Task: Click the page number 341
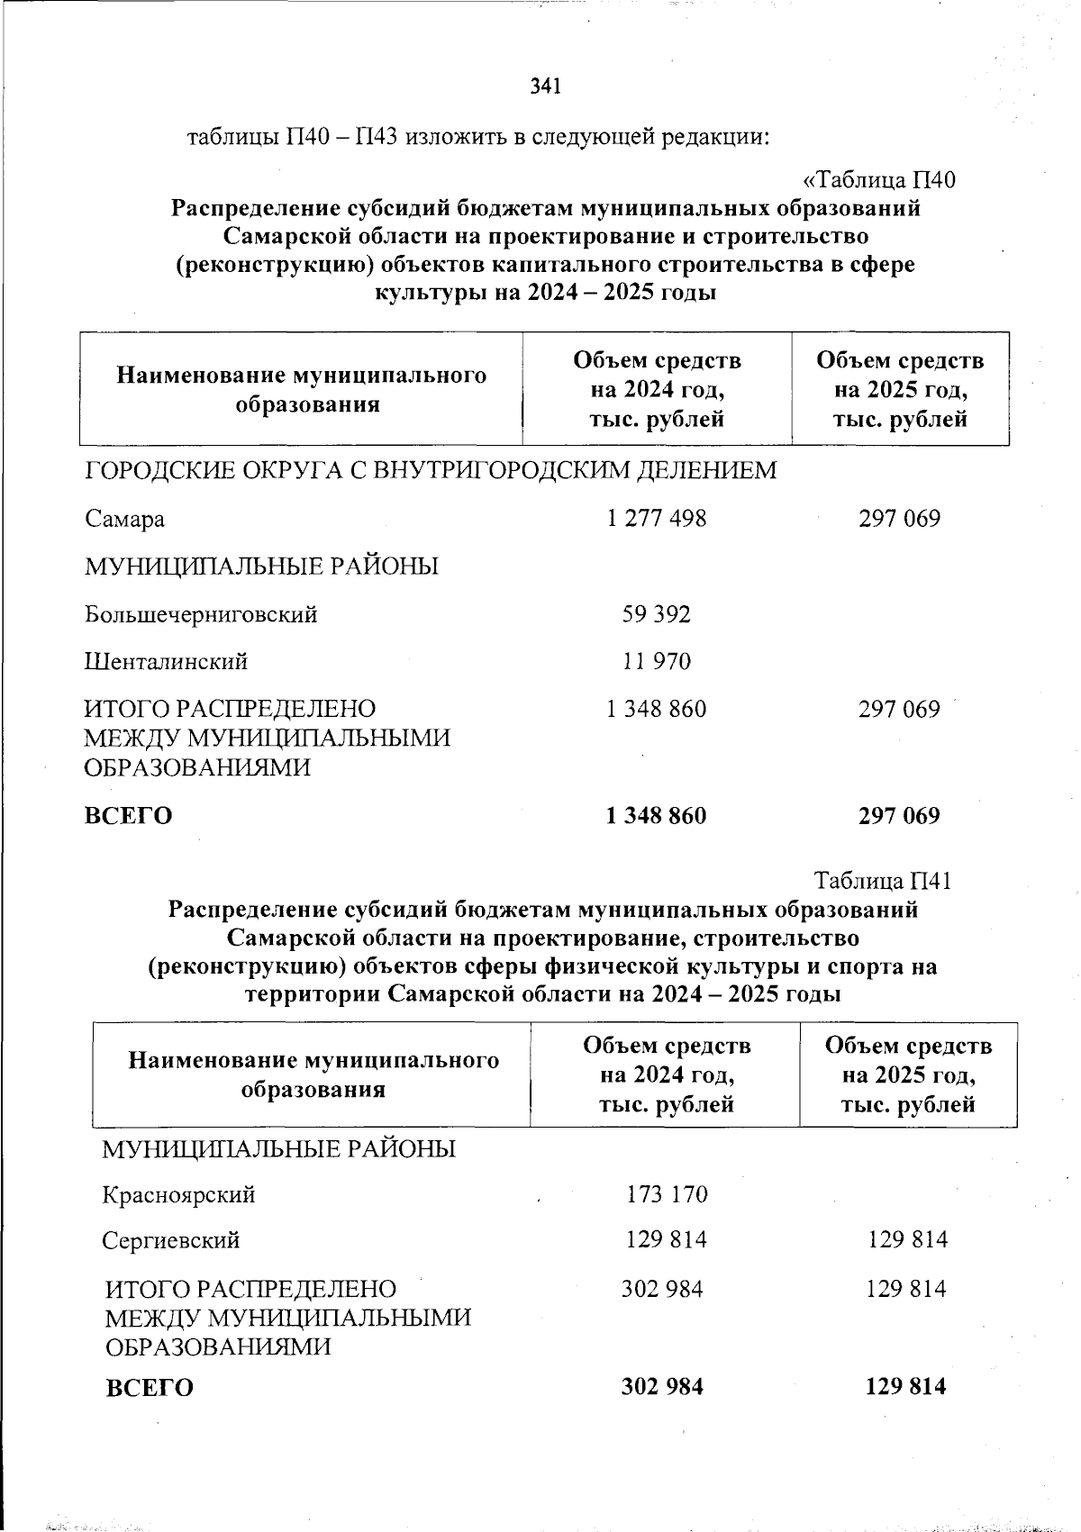[x=546, y=86]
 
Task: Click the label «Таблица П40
[x=878, y=180]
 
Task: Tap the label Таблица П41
[x=883, y=880]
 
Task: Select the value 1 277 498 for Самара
[x=657, y=519]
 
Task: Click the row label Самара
[x=125, y=520]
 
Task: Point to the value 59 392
[x=657, y=614]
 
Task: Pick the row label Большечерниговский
[x=201, y=615]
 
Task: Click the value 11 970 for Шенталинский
[x=657, y=662]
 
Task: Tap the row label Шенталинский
[x=167, y=662]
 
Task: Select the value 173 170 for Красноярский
[x=667, y=1195]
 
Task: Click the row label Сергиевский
[x=171, y=1241]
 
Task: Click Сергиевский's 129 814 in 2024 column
[x=667, y=1240]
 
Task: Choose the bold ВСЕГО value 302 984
[x=662, y=1386]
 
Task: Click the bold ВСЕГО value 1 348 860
[x=657, y=816]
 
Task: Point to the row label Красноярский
[x=178, y=1195]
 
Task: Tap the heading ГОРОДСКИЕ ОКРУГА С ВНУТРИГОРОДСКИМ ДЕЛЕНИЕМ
[x=431, y=470]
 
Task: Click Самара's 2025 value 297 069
[x=899, y=519]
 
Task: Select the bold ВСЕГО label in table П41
[x=150, y=1388]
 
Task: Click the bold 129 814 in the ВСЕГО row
[x=906, y=1386]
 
